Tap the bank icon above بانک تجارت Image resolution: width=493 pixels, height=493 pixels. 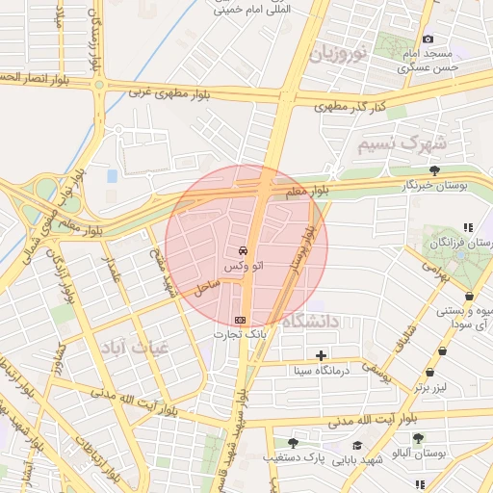coord(240,319)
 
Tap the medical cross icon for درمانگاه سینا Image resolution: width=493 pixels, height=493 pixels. coord(322,355)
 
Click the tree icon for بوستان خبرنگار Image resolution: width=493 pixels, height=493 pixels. coord(435,170)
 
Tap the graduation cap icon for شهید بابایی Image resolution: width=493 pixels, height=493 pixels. coord(358,445)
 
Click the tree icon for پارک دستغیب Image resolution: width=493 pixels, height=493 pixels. coord(293,443)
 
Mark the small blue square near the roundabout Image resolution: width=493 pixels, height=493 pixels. coord(113,176)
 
